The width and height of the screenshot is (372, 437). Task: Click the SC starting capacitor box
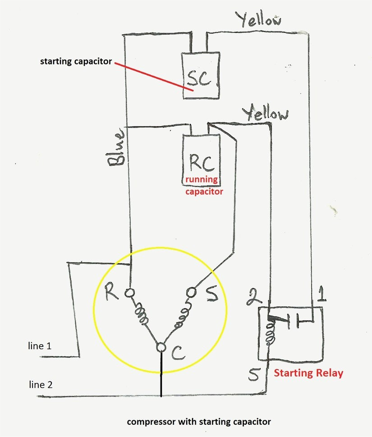[x=200, y=76]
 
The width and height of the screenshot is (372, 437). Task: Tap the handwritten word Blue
[x=115, y=149]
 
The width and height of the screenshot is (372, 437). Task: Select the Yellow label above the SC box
[x=258, y=20]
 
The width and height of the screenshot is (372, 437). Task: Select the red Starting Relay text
[x=308, y=373]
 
